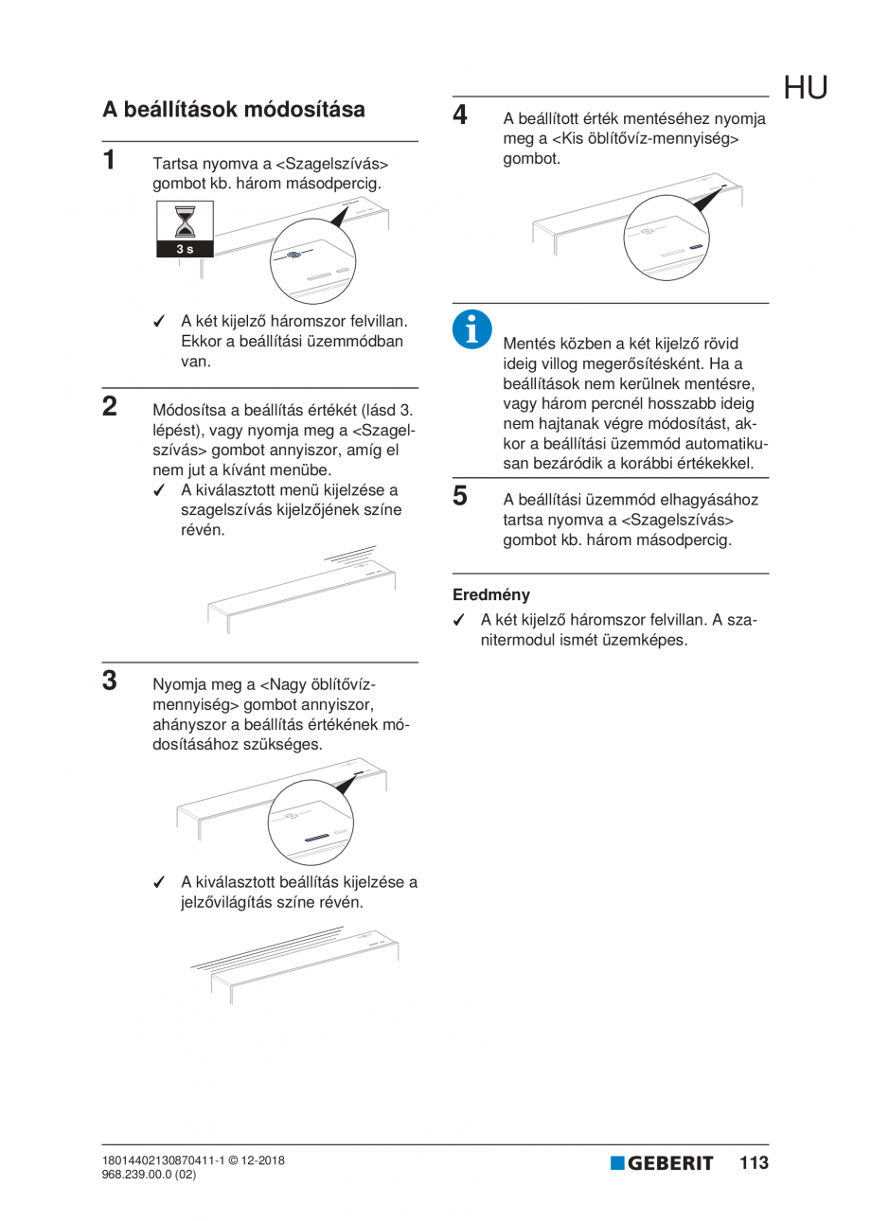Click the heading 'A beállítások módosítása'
234,110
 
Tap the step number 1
111,159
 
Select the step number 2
111,407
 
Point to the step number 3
111,680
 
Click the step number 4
460,115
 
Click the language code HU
805,88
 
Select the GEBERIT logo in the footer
662,1163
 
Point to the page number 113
754,1163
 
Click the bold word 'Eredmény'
491,595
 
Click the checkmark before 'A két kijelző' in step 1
160,321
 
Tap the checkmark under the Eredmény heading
459,620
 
